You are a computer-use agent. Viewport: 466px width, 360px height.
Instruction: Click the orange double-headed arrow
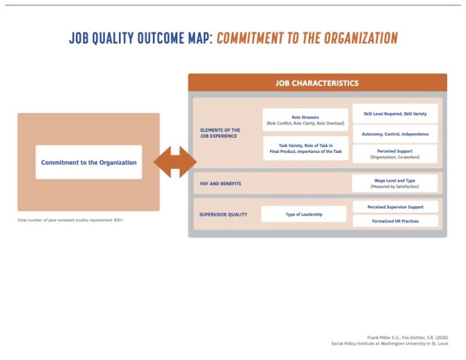click(x=175, y=162)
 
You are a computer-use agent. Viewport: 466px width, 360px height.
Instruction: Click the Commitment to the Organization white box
click(x=89, y=162)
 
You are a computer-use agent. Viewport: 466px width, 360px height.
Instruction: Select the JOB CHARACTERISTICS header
click(x=317, y=83)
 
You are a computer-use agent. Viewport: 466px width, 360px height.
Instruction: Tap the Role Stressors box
click(x=305, y=120)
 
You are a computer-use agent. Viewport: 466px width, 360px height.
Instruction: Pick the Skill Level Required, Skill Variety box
click(x=395, y=114)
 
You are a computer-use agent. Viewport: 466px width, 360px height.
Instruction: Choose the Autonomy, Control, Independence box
click(x=395, y=134)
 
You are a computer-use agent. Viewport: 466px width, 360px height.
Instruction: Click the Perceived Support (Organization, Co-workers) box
click(x=395, y=154)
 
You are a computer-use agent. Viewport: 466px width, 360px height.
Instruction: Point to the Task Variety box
click(x=306, y=148)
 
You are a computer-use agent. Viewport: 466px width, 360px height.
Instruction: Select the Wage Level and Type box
click(x=395, y=183)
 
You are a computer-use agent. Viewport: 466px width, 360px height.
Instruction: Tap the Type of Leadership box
click(x=304, y=214)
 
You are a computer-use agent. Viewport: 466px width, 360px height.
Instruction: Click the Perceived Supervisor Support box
click(x=395, y=207)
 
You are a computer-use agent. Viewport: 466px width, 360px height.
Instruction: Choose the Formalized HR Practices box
click(x=395, y=221)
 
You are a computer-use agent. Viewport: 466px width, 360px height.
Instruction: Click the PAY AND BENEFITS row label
click(x=220, y=183)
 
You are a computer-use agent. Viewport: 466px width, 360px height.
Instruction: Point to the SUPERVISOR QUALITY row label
click(x=223, y=214)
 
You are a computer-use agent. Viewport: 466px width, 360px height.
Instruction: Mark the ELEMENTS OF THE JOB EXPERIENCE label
click(x=220, y=133)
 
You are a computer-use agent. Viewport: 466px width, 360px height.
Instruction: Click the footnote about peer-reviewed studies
click(x=70, y=220)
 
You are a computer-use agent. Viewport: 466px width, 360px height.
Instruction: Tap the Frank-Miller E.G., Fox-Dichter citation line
click(x=408, y=338)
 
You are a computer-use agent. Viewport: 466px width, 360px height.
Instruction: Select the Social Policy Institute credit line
click(x=390, y=344)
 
